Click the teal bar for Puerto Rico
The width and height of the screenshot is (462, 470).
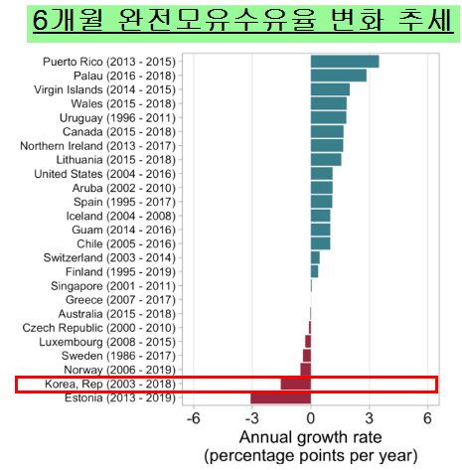point(345,62)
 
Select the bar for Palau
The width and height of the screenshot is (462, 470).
point(339,76)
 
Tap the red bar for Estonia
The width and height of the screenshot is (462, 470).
point(280,398)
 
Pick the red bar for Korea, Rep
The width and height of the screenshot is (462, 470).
point(296,384)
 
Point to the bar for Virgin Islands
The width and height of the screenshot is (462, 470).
point(330,89)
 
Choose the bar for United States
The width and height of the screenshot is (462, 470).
point(322,173)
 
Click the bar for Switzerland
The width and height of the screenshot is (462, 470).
point(315,257)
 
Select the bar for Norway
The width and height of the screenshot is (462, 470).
point(306,370)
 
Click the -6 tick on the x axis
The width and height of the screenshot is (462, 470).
point(195,417)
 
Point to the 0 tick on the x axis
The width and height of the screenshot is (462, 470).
point(311,417)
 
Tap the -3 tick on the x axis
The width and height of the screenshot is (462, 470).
point(252,417)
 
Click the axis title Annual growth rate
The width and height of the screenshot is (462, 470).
point(311,437)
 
